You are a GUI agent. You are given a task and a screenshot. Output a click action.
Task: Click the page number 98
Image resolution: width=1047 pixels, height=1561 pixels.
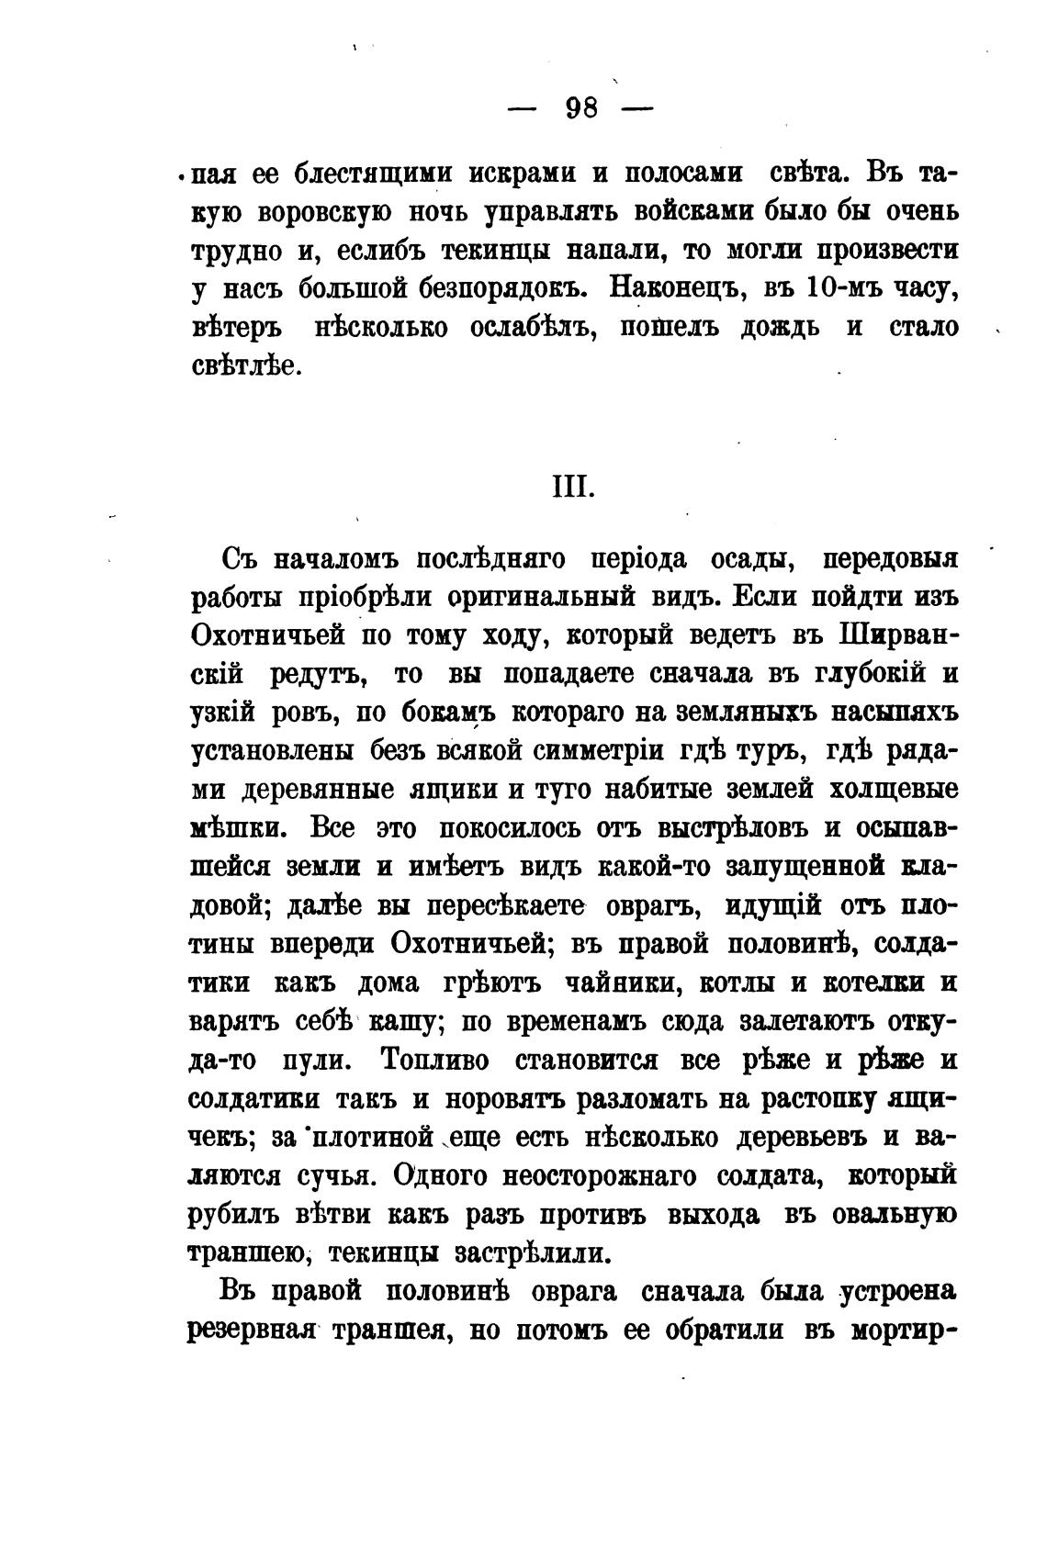pyautogui.click(x=581, y=109)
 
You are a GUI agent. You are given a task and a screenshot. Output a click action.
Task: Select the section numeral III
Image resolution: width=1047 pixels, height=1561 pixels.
pyautogui.click(x=573, y=487)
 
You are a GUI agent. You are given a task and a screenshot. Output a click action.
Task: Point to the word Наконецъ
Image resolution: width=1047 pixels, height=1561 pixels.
pyautogui.click(x=674, y=288)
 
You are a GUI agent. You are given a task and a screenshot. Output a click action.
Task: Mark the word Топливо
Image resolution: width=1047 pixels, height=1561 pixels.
pyautogui.click(x=434, y=1061)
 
